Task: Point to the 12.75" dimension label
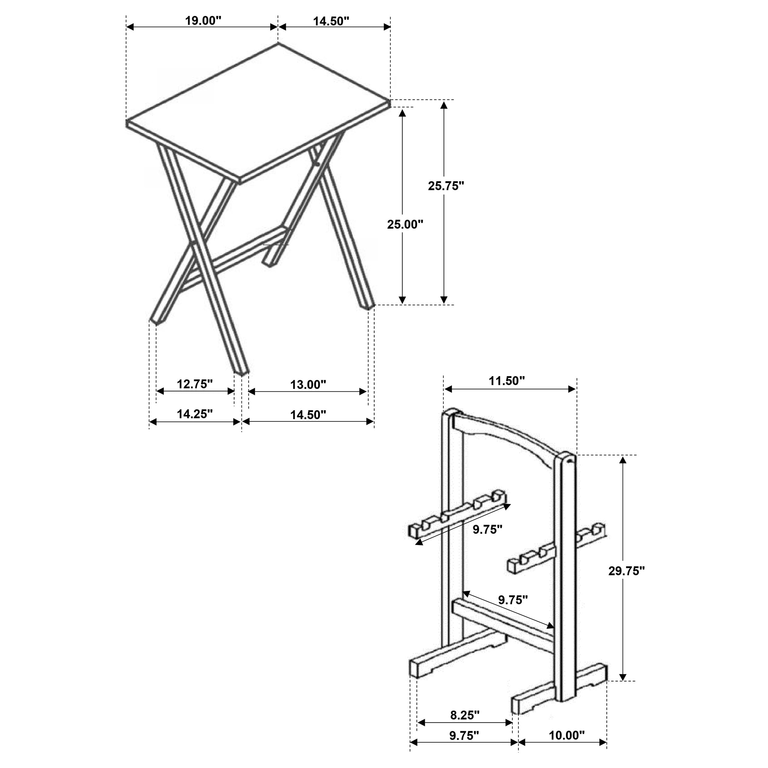click(x=195, y=384)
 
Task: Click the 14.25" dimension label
click(x=195, y=414)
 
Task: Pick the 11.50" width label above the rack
click(x=507, y=381)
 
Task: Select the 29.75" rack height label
click(x=626, y=571)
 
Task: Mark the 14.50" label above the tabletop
click(x=331, y=21)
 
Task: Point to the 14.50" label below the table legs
click(x=308, y=415)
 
